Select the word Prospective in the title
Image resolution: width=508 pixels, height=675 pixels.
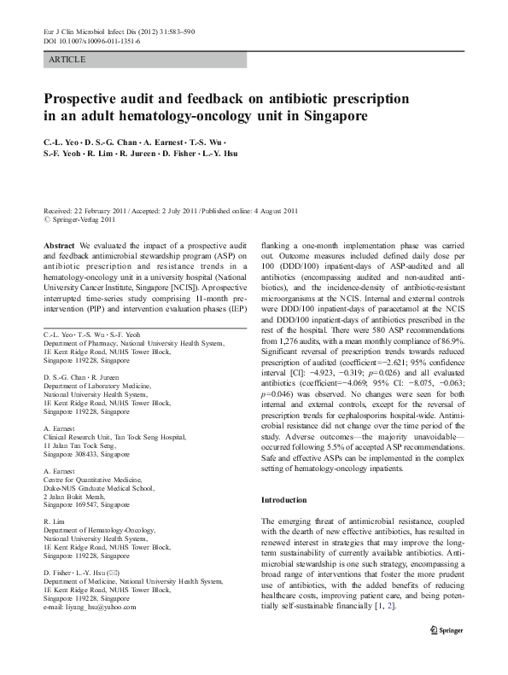(x=92, y=96)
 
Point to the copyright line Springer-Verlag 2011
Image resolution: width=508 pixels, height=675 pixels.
(x=81, y=218)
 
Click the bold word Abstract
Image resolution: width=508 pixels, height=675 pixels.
(x=58, y=244)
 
